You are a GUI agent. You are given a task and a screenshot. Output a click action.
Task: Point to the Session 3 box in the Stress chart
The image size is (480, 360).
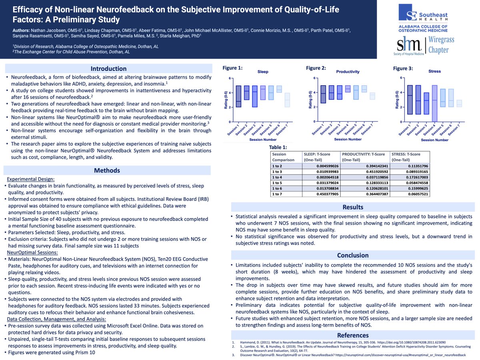[426, 104]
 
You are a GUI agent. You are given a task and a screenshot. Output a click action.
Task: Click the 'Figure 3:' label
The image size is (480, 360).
[403, 68]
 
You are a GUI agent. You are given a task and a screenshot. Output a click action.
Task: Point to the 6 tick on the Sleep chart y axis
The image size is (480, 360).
[230, 78]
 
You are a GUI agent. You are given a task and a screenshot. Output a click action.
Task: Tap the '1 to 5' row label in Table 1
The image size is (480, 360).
[277, 183]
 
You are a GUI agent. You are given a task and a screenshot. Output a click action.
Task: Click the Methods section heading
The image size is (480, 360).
[107, 170]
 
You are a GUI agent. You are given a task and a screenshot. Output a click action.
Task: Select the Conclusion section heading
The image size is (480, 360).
[352, 255]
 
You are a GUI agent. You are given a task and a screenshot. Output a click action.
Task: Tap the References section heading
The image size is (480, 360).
[352, 335]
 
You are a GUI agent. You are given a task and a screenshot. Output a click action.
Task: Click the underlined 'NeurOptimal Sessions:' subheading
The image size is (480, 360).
[32, 252]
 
